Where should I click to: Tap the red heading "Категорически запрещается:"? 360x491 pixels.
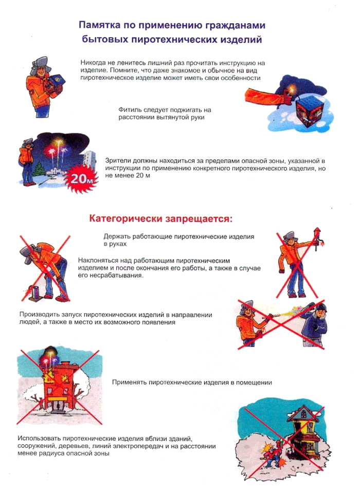pos(160,218)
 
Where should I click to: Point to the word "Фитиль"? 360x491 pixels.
pos(129,110)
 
